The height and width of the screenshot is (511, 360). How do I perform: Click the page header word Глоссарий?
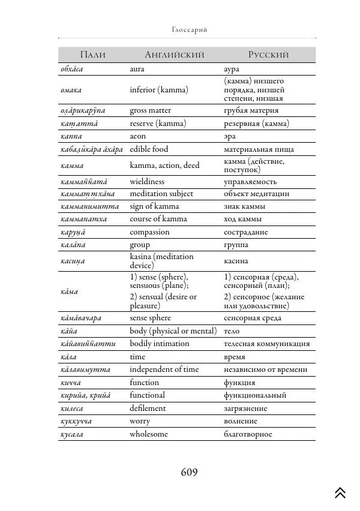point(190,29)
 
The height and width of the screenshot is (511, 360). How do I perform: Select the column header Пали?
point(92,55)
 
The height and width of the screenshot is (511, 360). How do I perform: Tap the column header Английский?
point(166,55)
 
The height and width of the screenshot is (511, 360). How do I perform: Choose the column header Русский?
point(260,55)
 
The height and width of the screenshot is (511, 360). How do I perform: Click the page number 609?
point(189,472)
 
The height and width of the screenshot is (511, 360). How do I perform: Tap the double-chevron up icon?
point(340,492)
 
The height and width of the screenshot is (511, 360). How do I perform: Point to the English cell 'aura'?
point(137,69)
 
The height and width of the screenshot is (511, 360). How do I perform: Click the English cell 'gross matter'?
point(150,110)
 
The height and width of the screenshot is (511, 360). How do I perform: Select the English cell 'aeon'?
point(137,136)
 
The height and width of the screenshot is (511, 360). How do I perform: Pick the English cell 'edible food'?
point(149,149)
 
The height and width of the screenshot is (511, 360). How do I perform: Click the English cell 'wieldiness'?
point(147,181)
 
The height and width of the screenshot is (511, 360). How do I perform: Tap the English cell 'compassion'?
point(149,232)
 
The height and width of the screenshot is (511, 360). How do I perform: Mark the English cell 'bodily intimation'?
point(159,344)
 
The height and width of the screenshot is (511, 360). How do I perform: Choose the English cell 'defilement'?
point(148,408)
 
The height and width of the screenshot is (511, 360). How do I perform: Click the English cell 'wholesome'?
point(149,434)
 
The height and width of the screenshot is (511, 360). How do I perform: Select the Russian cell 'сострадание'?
point(246,232)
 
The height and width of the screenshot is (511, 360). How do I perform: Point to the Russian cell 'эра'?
point(230,136)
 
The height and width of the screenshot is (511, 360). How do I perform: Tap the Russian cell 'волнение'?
point(240,421)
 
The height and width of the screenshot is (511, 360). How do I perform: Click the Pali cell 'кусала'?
point(72,434)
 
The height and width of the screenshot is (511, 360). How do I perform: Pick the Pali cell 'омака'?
point(71,90)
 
